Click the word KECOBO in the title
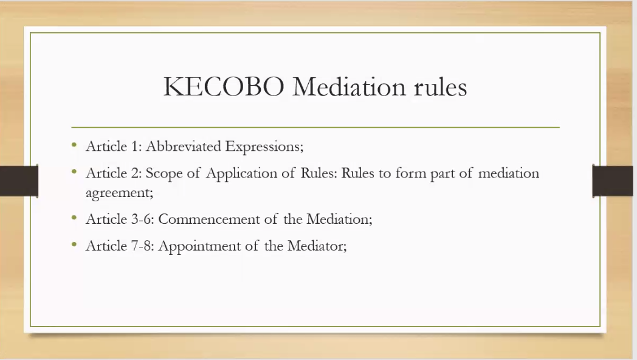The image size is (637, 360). (x=224, y=86)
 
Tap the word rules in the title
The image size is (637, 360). (x=441, y=86)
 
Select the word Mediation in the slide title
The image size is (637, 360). (x=349, y=86)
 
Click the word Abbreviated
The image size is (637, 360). (x=183, y=146)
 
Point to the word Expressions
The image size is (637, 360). (x=264, y=147)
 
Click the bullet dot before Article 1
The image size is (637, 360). (x=74, y=144)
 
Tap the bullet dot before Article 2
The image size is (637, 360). (x=74, y=171)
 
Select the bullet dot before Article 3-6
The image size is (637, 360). (x=74, y=217)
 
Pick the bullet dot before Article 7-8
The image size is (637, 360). (x=74, y=244)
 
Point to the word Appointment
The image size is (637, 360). (x=199, y=246)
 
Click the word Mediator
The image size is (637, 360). (x=317, y=246)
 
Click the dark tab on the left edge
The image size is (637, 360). (x=19, y=181)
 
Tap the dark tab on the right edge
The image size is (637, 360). (x=613, y=181)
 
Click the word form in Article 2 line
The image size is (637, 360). (x=411, y=173)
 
